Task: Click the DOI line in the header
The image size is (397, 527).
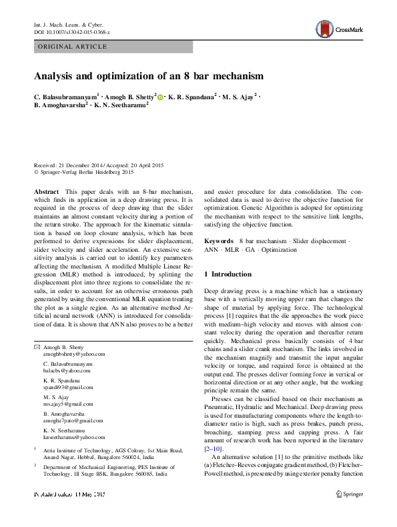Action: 72,32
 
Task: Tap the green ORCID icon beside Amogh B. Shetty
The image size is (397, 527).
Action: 160,97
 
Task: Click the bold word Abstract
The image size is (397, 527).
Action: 45,191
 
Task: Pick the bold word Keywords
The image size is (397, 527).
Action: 218,241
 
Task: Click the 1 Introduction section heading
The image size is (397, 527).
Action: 228,274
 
